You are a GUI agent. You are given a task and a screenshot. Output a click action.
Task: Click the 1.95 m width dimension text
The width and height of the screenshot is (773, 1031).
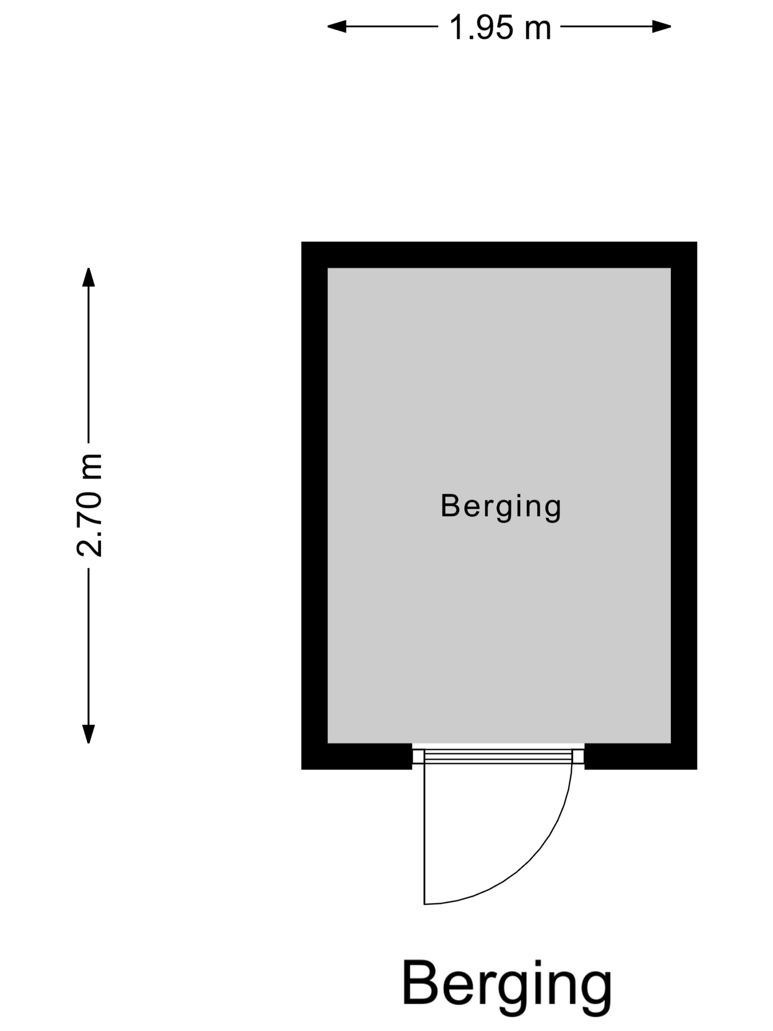[500, 27]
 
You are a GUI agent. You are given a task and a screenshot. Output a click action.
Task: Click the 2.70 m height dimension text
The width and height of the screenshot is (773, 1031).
[89, 505]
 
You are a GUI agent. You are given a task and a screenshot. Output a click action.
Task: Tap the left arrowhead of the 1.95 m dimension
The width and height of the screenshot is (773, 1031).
[337, 27]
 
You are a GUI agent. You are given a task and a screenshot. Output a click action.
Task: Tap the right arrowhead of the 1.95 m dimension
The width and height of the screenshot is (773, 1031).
[661, 27]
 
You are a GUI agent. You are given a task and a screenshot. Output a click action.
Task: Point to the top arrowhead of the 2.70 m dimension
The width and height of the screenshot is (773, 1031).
[89, 277]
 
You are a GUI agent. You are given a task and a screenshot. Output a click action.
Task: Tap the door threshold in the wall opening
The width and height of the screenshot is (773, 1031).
[498, 756]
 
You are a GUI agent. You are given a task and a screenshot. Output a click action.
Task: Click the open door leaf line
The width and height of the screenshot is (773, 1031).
[424, 834]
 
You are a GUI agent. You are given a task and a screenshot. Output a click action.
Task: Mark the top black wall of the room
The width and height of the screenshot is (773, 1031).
[499, 254]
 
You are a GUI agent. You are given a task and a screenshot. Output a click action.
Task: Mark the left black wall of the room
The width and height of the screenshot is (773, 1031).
[314, 505]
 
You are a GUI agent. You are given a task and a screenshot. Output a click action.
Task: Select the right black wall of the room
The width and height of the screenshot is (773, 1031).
[684, 505]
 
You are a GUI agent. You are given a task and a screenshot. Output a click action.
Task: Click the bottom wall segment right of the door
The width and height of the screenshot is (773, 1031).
[641, 756]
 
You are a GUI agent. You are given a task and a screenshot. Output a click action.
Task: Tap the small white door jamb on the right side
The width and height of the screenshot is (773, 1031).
[578, 756]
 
